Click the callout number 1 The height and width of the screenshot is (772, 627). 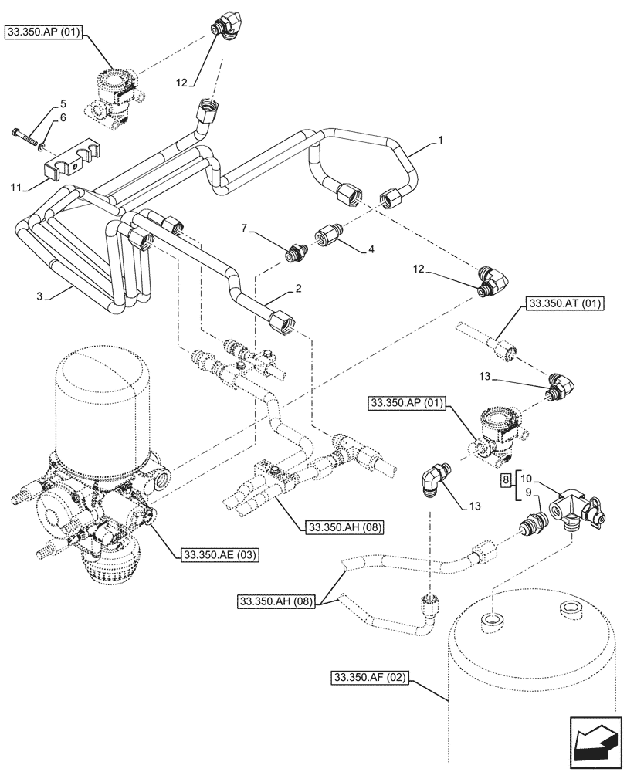pyautogui.click(x=439, y=140)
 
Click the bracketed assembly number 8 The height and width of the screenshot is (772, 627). pyautogui.click(x=505, y=480)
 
